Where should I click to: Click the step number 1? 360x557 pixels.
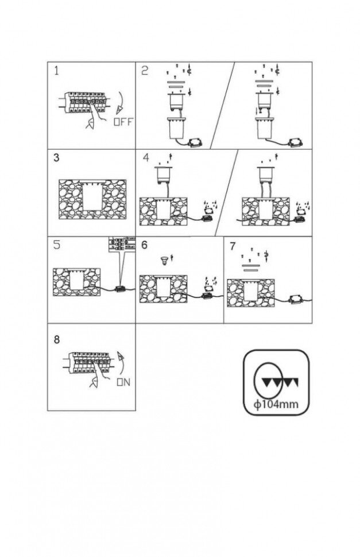[57, 71]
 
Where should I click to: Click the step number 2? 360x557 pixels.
[145, 71]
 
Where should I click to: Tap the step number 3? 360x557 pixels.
[56, 158]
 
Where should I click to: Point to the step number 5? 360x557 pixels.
[56, 245]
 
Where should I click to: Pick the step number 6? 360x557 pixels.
[145, 245]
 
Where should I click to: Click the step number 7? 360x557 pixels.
[233, 246]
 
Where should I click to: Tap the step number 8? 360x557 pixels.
[56, 339]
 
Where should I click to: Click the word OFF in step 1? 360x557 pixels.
[123, 122]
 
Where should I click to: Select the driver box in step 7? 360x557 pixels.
[296, 299]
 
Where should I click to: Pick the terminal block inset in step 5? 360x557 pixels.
[121, 243]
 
